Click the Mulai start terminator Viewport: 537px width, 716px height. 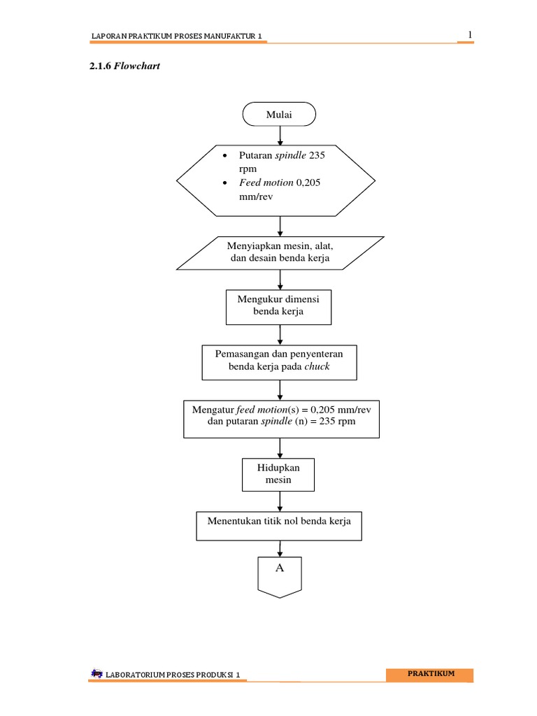[x=279, y=115]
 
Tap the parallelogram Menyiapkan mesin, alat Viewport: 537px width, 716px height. [x=280, y=252]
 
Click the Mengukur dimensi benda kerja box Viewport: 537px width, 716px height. [x=278, y=306]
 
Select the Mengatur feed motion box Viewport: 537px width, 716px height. [x=281, y=417]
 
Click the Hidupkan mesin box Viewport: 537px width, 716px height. [x=278, y=474]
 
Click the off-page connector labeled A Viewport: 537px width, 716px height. [x=280, y=575]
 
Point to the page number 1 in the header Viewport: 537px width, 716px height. [x=470, y=35]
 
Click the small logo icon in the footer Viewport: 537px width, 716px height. [x=96, y=673]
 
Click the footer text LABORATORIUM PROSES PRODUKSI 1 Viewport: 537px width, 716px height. [x=172, y=675]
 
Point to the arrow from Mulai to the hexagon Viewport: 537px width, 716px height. [x=280, y=134]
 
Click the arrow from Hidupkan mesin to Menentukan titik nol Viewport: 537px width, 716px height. [x=280, y=501]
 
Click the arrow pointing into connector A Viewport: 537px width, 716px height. [x=280, y=549]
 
